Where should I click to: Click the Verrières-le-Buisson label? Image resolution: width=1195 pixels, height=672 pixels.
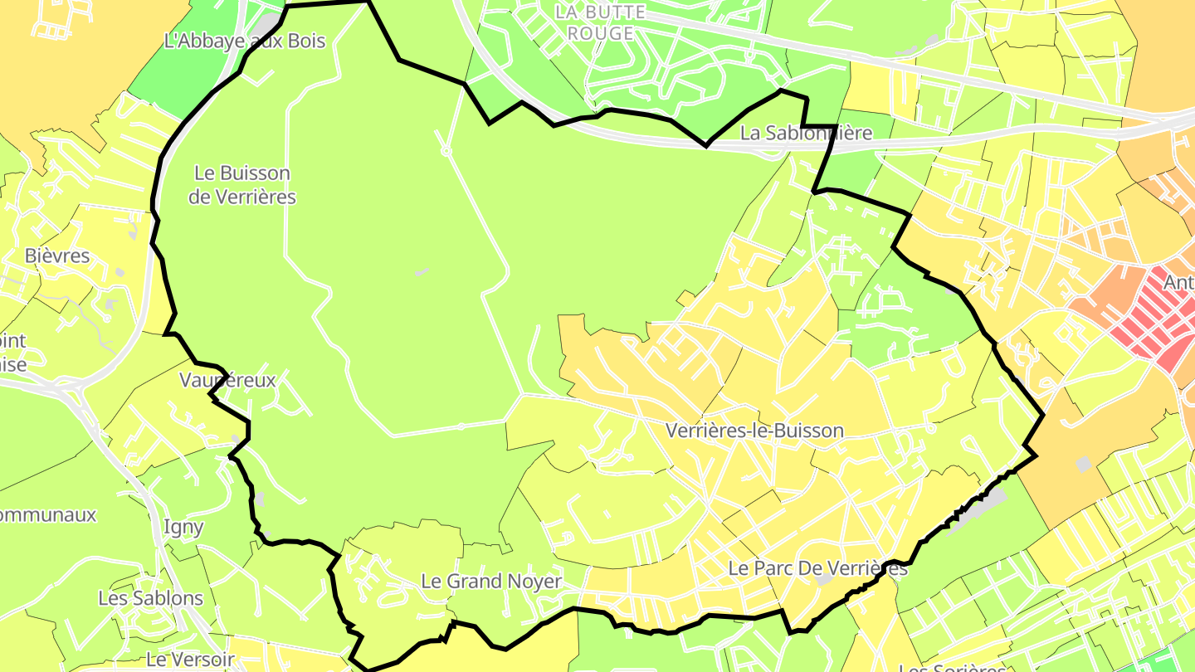(x=754, y=431)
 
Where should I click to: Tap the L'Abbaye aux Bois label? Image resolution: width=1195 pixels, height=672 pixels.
(x=245, y=41)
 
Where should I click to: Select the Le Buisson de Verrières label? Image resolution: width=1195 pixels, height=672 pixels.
(x=242, y=185)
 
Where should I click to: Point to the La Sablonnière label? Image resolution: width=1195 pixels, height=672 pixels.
(x=806, y=133)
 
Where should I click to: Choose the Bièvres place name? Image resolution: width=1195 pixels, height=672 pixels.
(x=57, y=256)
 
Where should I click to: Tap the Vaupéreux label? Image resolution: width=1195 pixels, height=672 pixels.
(x=227, y=380)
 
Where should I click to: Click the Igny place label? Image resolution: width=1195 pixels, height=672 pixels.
(x=183, y=527)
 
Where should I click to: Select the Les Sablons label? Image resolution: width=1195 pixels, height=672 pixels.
(x=150, y=598)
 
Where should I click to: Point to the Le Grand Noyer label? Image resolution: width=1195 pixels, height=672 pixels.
(x=491, y=582)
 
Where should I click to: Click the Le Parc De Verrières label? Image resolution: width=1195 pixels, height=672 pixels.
(x=817, y=569)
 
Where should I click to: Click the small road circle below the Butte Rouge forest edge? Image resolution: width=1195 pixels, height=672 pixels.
(x=446, y=152)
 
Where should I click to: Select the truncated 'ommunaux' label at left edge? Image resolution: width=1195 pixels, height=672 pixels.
(x=48, y=514)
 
